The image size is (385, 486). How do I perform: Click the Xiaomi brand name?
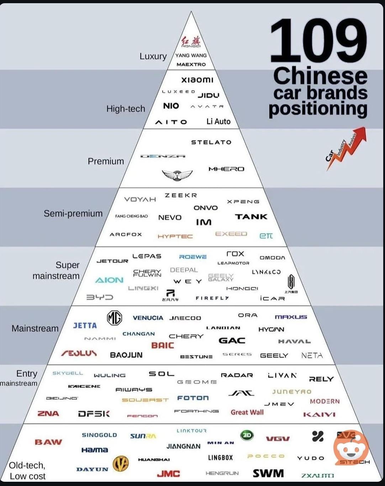click(197, 80)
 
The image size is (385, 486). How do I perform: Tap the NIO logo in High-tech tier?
click(171, 106)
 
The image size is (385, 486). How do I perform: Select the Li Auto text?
click(218, 122)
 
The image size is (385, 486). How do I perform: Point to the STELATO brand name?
click(211, 142)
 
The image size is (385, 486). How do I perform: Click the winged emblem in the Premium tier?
click(177, 175)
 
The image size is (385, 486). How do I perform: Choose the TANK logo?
click(251, 217)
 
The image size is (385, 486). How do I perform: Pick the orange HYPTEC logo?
click(175, 236)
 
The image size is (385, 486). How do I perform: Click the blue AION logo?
click(109, 280)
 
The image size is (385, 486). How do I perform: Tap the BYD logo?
click(100, 297)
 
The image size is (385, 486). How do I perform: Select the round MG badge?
click(115, 318)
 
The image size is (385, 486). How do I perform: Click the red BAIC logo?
click(163, 345)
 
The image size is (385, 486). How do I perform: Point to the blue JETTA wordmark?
click(85, 326)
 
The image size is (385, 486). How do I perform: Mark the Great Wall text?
click(247, 412)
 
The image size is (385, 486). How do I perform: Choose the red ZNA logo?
click(48, 413)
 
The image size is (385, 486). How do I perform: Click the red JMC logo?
click(168, 474)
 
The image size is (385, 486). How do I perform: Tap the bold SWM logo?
click(268, 473)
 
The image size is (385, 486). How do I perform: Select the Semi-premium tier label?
click(73, 213)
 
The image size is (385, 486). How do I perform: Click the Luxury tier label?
click(153, 56)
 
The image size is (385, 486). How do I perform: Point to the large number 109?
click(318, 41)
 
